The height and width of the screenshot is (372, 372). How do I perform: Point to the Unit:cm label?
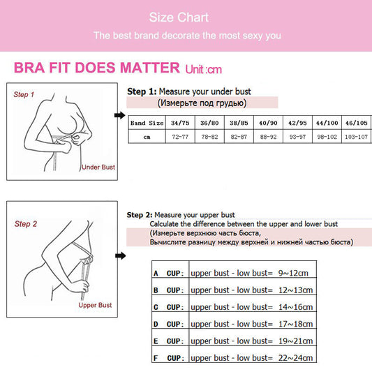click(203, 69)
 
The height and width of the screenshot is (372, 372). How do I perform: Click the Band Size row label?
click(147, 123)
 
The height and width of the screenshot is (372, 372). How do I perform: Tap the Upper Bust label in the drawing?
click(95, 305)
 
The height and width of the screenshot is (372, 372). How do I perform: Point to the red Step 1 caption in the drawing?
click(24, 94)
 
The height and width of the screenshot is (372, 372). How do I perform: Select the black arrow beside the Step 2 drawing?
click(119, 256)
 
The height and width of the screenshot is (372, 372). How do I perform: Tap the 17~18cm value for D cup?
click(295, 324)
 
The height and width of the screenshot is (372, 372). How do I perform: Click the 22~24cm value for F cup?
click(295, 358)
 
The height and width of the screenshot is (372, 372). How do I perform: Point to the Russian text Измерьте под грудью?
click(202, 103)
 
